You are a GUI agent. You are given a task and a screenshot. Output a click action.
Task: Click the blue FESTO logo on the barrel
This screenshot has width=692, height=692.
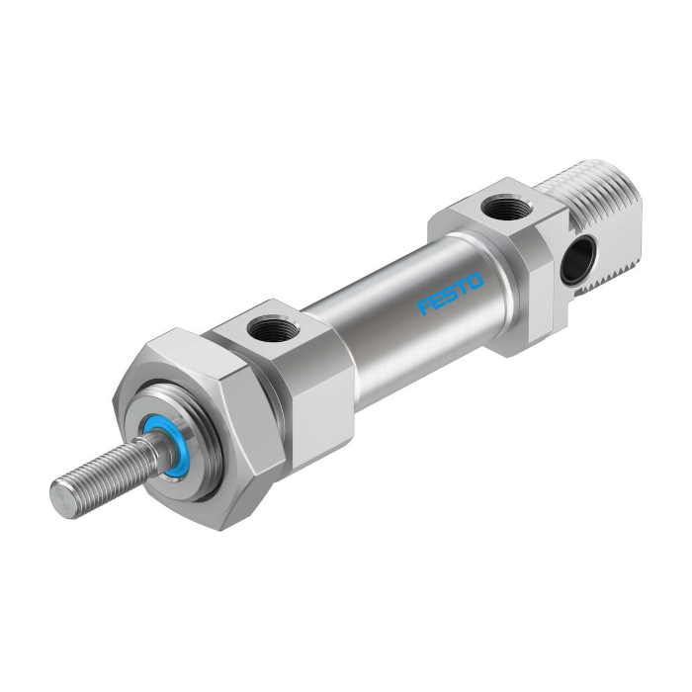451,294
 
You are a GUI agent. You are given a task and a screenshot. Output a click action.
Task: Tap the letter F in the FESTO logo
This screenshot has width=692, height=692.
424,307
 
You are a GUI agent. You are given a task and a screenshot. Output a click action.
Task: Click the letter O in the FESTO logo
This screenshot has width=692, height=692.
476,281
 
